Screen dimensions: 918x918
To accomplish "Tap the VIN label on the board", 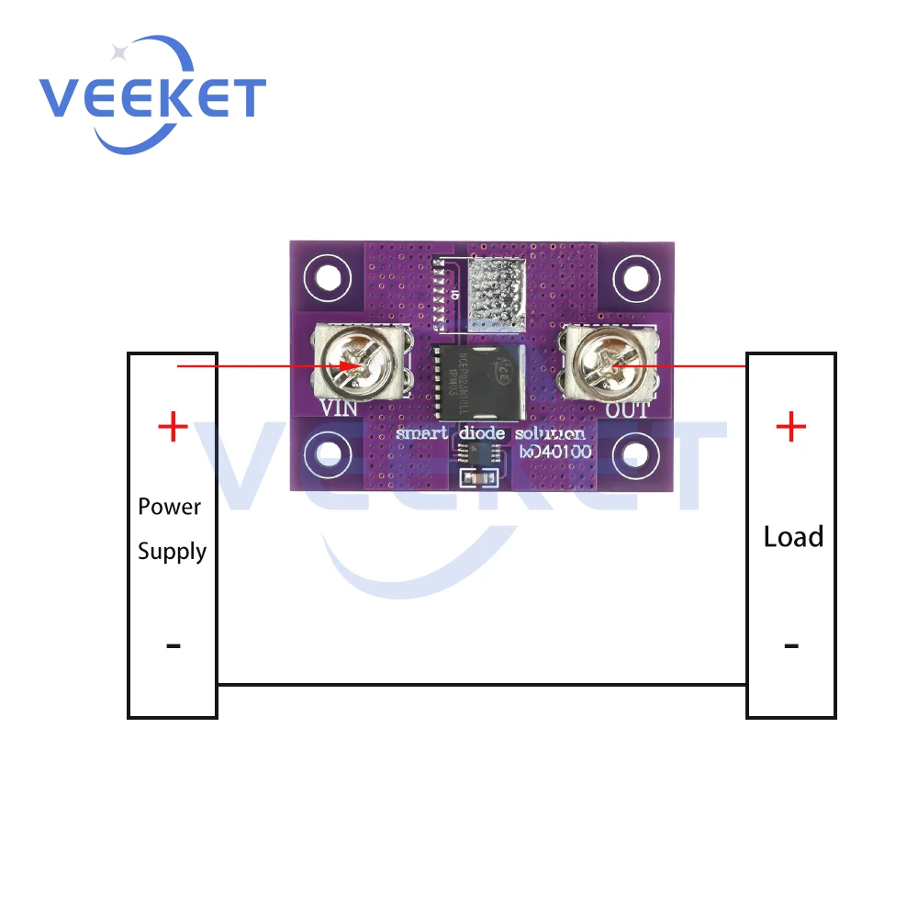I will [340, 409].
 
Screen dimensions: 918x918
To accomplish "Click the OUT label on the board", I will [627, 409].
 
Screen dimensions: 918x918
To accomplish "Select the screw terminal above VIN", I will [362, 365].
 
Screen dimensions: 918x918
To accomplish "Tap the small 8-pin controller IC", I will [477, 453].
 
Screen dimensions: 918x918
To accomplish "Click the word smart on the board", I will [420, 433].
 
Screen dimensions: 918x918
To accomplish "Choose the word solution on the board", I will [550, 433].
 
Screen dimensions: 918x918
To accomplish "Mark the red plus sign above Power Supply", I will [173, 427].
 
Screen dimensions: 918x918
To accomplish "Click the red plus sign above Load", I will [790, 427].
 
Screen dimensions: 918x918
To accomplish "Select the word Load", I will [793, 537].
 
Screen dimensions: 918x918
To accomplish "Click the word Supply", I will [172, 552].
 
